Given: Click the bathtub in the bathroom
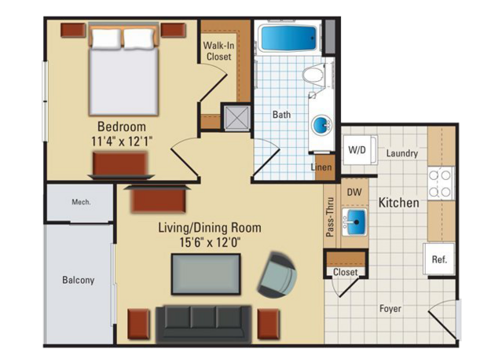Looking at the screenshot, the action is (x=288, y=38).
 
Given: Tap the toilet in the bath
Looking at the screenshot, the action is (x=314, y=75).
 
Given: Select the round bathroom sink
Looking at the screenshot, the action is (x=321, y=125).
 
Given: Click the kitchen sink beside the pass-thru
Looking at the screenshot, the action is (x=354, y=222).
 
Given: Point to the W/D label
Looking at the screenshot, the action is (x=357, y=149).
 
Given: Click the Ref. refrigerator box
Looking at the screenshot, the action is (x=439, y=259).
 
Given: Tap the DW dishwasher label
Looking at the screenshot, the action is (x=354, y=192).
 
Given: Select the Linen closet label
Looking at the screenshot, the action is (x=321, y=167).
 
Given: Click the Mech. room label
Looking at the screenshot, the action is (x=81, y=202).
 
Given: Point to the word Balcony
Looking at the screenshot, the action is (x=79, y=281).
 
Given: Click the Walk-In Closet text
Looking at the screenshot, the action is (x=218, y=51).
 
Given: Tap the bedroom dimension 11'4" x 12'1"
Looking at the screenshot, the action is (x=122, y=141).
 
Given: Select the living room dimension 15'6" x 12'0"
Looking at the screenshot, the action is (x=210, y=242).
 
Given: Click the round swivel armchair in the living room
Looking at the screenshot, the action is (x=277, y=274).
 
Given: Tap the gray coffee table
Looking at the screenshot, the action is (x=206, y=274).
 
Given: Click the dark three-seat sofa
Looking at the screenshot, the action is (x=203, y=324).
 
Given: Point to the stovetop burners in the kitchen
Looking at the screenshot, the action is (x=442, y=183).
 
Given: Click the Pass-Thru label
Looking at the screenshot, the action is (x=330, y=217).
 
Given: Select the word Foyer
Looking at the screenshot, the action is (x=390, y=309).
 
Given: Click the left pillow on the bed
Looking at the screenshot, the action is (x=107, y=39).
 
